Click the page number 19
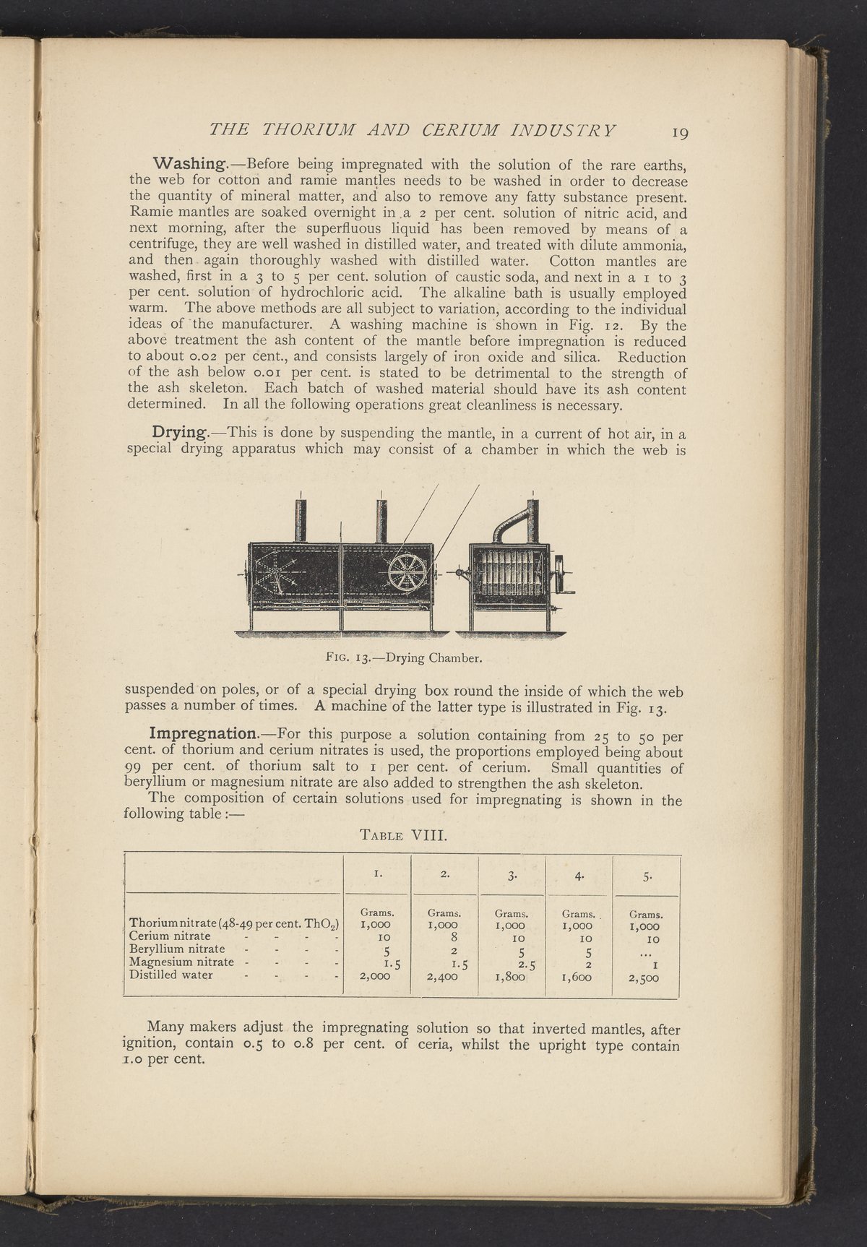(681, 132)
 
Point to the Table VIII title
(404, 837)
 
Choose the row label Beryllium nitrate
(176, 949)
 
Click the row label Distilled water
(171, 975)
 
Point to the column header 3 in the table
(511, 877)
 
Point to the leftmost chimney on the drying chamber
(302, 519)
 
